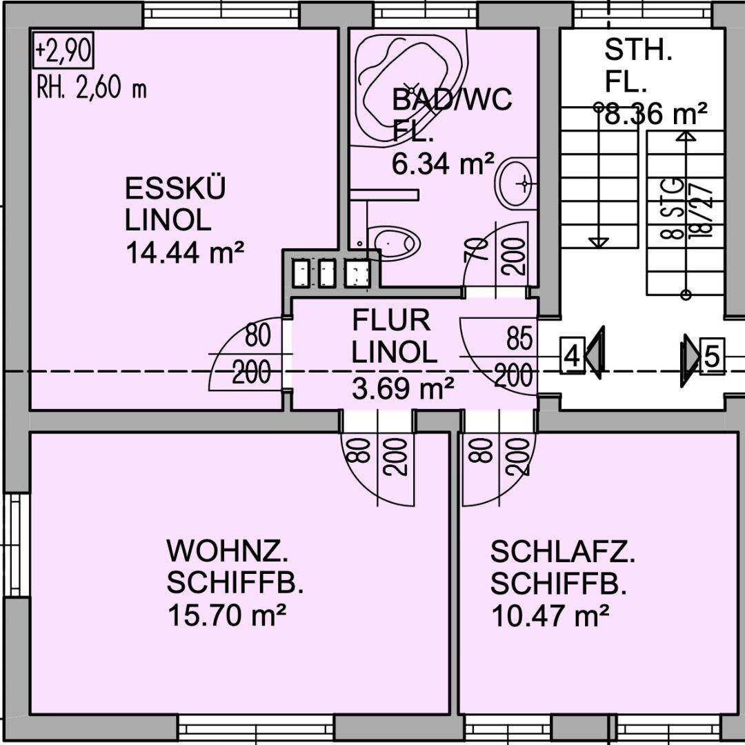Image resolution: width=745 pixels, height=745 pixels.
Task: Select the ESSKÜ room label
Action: (x=175, y=189)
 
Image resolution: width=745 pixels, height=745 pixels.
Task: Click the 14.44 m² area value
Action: (x=185, y=252)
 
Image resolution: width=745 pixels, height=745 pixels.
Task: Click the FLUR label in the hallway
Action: (x=391, y=321)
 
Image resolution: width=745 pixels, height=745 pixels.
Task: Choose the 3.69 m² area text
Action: (x=403, y=389)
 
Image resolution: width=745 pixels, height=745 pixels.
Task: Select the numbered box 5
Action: (x=712, y=358)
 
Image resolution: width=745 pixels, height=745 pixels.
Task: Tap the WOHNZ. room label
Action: (x=228, y=552)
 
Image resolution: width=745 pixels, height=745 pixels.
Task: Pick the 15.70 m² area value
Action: (x=227, y=614)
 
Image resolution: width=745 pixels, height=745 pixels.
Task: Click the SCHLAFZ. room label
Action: (x=563, y=552)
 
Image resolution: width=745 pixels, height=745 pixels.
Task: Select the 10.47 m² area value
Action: (x=550, y=614)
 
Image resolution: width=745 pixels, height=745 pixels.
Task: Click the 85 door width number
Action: (x=519, y=339)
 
